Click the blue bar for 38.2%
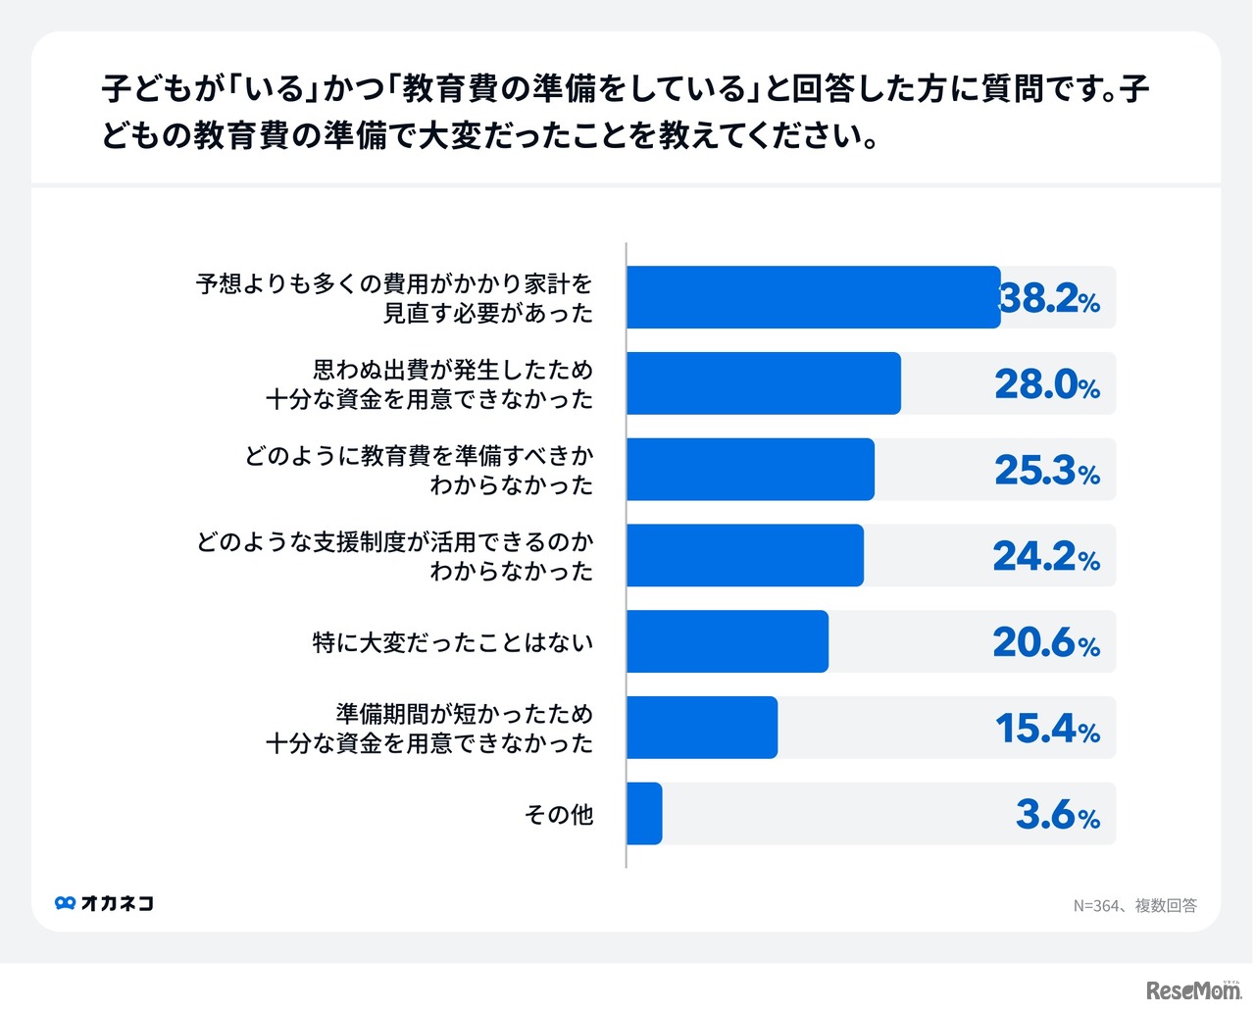pyautogui.click(x=813, y=297)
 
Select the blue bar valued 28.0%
pyautogui.click(x=763, y=383)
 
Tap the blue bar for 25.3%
pyautogui.click(x=750, y=470)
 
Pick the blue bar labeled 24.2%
pyautogui.click(x=744, y=556)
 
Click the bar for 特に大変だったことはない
pyautogui.click(x=727, y=641)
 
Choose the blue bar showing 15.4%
pyautogui.click(x=701, y=728)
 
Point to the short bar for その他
pyautogui.click(x=644, y=814)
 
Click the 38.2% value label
pyautogui.click(x=1050, y=298)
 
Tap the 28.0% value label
pyautogui.click(x=1047, y=384)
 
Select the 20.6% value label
pyautogui.click(x=1046, y=642)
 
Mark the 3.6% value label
pyautogui.click(x=1058, y=815)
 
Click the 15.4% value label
pyautogui.click(x=1047, y=729)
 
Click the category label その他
pyautogui.click(x=559, y=815)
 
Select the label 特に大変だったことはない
pyautogui.click(x=453, y=642)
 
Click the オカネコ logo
pyautogui.click(x=105, y=903)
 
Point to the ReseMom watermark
pyautogui.click(x=1193, y=990)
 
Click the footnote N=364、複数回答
pyautogui.click(x=1134, y=905)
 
